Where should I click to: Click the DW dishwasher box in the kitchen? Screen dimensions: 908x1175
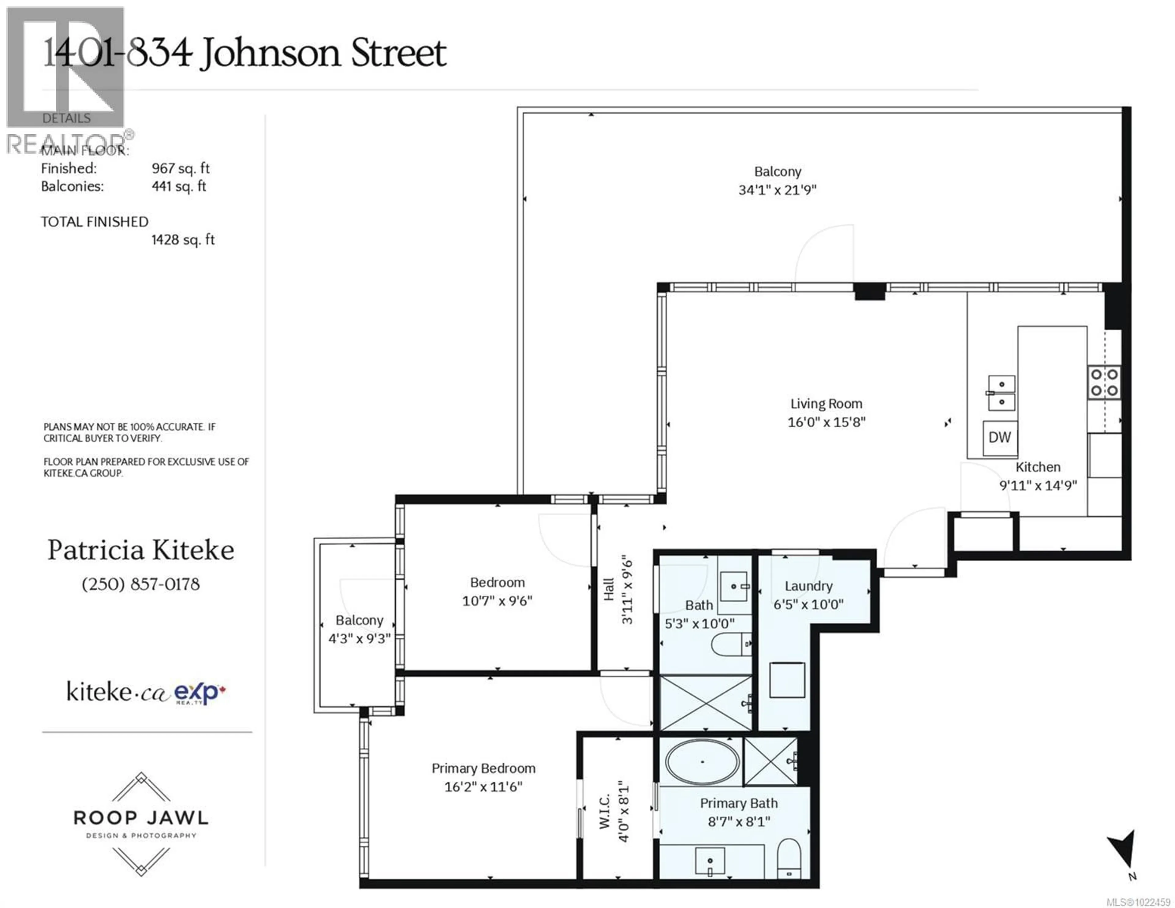[1000, 437]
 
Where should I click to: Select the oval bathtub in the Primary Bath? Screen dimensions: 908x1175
[702, 762]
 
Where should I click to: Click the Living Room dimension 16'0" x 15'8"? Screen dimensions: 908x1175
[826, 422]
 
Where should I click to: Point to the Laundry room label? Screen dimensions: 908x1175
[808, 586]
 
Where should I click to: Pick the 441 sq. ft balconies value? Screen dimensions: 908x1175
[179, 186]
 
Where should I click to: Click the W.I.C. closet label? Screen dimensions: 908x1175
[605, 811]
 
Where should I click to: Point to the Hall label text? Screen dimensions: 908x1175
[609, 589]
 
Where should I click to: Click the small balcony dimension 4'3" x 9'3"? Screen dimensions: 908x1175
[360, 638]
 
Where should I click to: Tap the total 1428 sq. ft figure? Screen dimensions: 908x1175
[183, 240]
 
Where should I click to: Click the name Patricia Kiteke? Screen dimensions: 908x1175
[141, 550]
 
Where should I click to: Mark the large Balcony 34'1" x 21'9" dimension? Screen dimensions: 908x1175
[778, 189]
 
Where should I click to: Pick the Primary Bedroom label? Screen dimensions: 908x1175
[483, 768]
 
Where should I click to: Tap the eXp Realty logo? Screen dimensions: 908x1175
[200, 693]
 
